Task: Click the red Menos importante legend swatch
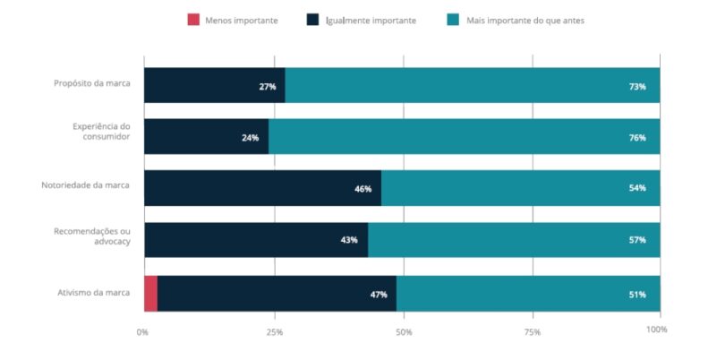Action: coord(193,20)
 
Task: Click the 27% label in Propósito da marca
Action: coord(267,86)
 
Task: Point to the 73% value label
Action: coord(637,86)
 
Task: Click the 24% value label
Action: coord(250,138)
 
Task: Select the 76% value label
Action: coord(637,138)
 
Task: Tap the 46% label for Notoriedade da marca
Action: coord(362,189)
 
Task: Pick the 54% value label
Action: coord(637,189)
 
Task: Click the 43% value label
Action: coord(349,240)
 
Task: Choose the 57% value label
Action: coord(637,240)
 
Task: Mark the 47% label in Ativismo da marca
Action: coord(378,294)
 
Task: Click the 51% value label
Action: coord(637,294)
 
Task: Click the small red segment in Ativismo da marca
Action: coord(150,294)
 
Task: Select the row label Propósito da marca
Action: coord(91,83)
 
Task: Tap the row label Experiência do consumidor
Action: coord(101,132)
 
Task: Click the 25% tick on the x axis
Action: coord(274,330)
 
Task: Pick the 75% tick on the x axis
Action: coord(533,330)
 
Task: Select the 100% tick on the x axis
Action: coord(656,330)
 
